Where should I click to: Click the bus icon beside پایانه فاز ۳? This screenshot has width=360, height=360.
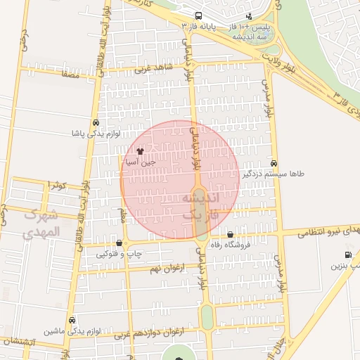(x=198, y=15)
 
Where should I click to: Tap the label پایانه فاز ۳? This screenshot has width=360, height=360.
(x=198, y=26)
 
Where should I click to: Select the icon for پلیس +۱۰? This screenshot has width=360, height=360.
(x=249, y=16)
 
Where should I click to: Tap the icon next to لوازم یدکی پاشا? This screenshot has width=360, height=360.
(x=96, y=122)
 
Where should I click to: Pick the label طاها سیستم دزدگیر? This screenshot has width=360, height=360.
(x=273, y=173)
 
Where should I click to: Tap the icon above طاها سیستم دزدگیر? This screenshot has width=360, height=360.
(x=274, y=162)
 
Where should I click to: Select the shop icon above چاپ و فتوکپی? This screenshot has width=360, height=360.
(x=120, y=243)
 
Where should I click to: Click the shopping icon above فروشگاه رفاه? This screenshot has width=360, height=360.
(x=231, y=234)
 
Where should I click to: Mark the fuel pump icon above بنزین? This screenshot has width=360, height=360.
(x=347, y=255)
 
